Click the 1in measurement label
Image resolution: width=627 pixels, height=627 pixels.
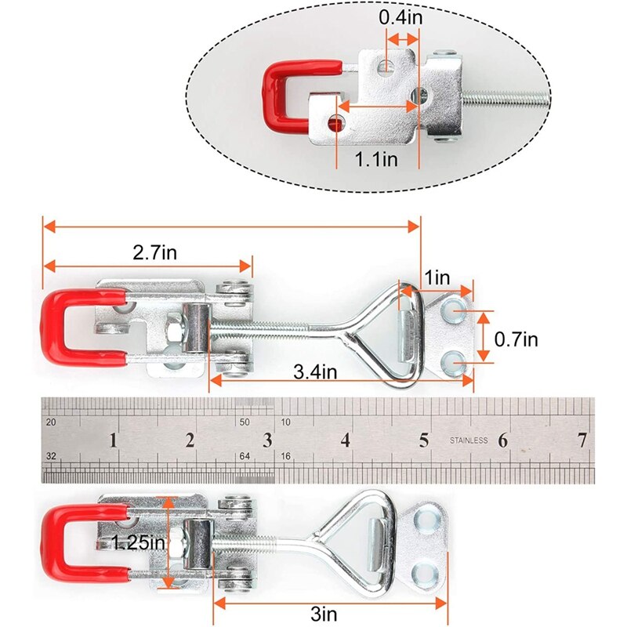click(437, 278)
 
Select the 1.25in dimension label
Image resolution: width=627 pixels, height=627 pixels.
click(138, 542)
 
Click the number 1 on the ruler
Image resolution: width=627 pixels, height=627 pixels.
click(114, 440)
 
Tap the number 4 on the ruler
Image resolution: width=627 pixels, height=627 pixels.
click(346, 440)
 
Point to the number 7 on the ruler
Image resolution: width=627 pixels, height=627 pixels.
click(582, 440)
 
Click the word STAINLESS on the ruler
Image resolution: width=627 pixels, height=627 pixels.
click(469, 440)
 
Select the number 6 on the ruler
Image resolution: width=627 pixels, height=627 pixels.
click(502, 440)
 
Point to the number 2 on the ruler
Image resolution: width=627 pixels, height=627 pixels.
click(190, 440)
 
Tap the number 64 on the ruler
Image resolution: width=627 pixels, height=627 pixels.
click(245, 455)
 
